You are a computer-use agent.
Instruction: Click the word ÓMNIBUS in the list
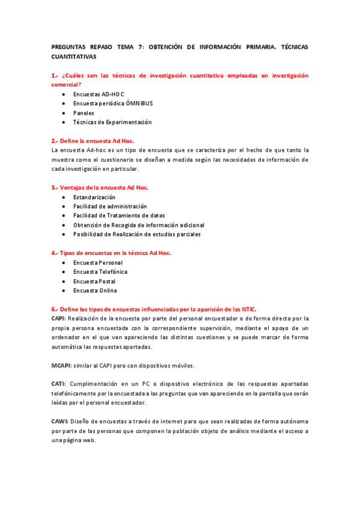(139, 103)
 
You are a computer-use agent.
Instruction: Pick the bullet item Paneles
(84, 112)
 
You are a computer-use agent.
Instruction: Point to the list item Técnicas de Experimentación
(112, 122)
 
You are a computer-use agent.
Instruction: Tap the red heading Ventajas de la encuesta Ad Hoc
(103, 188)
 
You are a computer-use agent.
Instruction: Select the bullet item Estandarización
(94, 197)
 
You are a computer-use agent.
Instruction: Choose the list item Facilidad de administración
(109, 206)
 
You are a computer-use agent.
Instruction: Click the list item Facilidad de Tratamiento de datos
(119, 215)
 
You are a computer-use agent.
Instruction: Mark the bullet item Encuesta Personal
(97, 263)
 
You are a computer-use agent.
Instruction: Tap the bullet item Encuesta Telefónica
(100, 272)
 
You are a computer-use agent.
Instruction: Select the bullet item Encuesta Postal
(94, 281)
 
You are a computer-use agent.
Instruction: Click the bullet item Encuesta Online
(95, 290)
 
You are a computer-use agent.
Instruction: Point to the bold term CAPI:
(59, 318)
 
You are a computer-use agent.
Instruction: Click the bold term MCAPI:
(62, 366)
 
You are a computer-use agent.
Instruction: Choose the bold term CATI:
(59, 384)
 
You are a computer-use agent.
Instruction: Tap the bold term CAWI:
(59, 422)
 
